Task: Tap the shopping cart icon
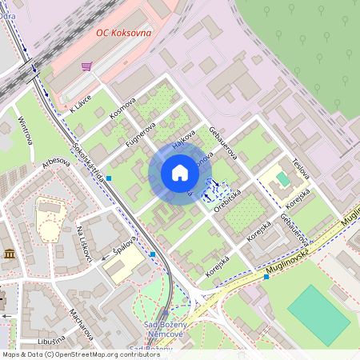[x=87, y=66]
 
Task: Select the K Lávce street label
[x=81, y=103]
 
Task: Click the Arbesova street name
[x=55, y=163]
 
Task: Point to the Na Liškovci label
[x=85, y=244]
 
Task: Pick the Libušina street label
[x=50, y=340]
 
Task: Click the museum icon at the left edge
[x=10, y=254]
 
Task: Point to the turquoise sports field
[x=318, y=315]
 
